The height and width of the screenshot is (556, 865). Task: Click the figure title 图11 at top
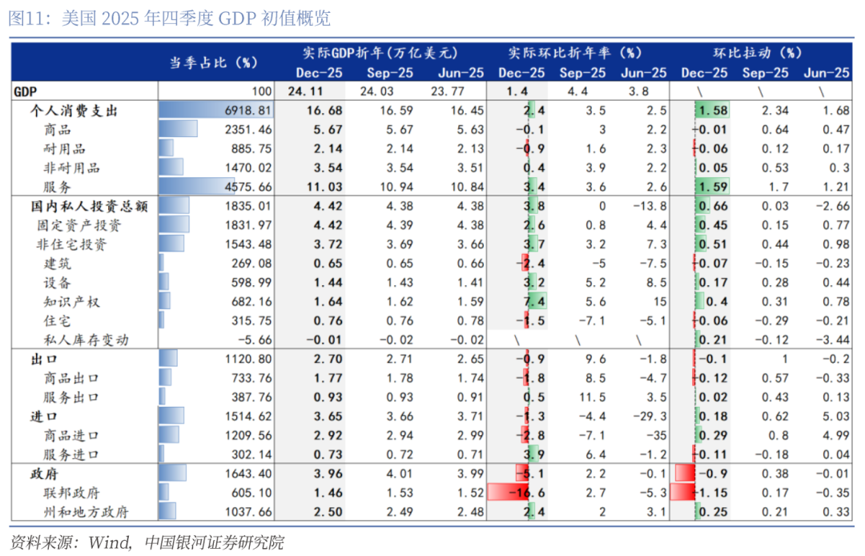pyautogui.click(x=168, y=18)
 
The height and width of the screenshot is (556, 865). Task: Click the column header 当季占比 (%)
pyautogui.click(x=212, y=62)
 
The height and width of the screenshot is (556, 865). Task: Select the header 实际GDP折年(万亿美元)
pyautogui.click(x=380, y=53)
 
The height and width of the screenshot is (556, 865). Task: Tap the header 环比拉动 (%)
pyautogui.click(x=757, y=53)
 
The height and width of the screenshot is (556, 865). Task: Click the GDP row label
pyautogui.click(x=26, y=91)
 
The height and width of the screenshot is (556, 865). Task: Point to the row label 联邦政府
pyautogui.click(x=72, y=493)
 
